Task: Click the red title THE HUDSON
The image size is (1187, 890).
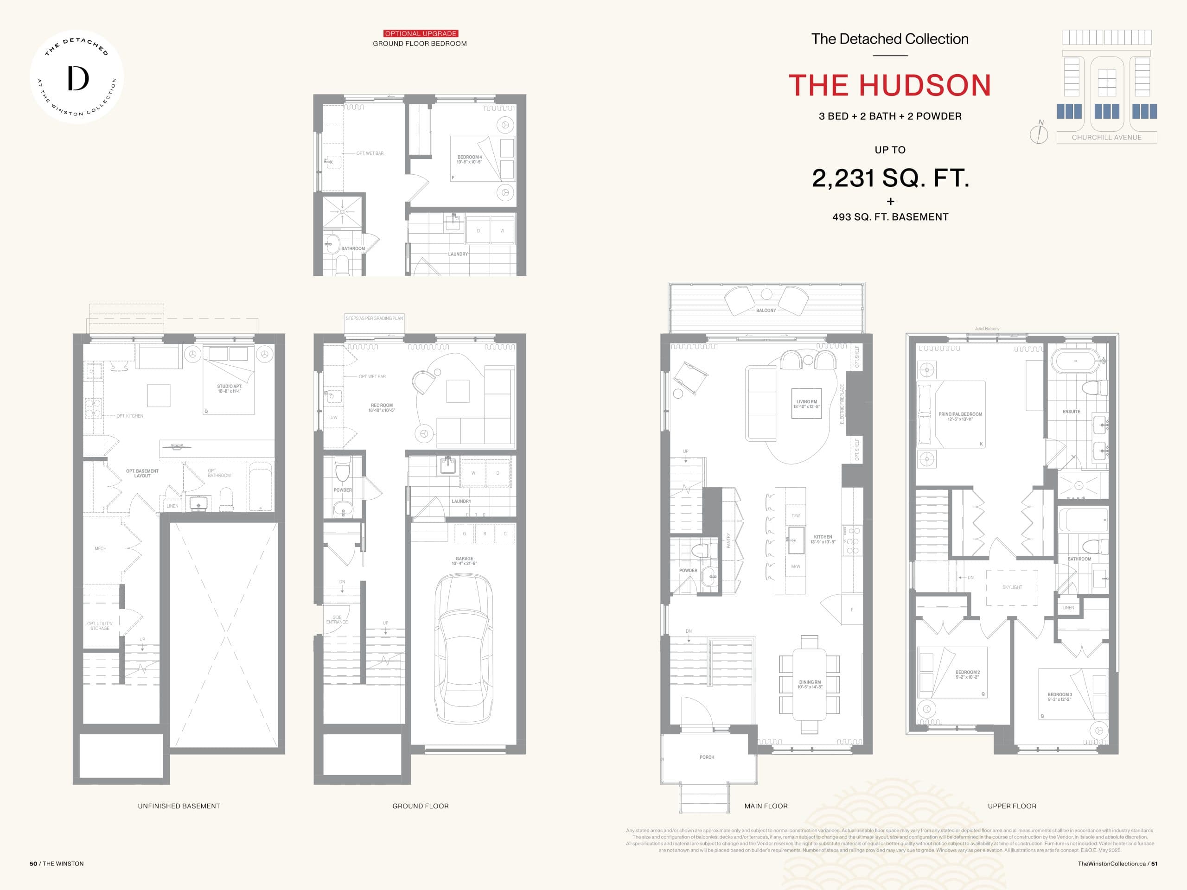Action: pyautogui.click(x=890, y=86)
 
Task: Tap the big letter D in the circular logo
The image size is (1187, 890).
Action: pyautogui.click(x=78, y=79)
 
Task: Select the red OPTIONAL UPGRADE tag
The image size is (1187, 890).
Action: pyautogui.click(x=421, y=33)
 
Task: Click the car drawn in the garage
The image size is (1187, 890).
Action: pyautogui.click(x=464, y=649)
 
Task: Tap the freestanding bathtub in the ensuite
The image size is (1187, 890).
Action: pyautogui.click(x=1075, y=361)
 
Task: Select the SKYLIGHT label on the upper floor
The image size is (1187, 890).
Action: pyautogui.click(x=1012, y=587)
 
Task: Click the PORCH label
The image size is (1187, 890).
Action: pyautogui.click(x=707, y=757)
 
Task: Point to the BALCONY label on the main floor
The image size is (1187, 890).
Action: pyautogui.click(x=766, y=310)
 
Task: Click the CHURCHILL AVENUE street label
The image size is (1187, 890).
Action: pyautogui.click(x=1106, y=137)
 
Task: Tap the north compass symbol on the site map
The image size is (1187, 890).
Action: pyautogui.click(x=1039, y=133)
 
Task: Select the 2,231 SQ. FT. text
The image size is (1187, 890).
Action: pyautogui.click(x=890, y=178)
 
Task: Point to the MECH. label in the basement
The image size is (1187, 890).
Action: pyautogui.click(x=100, y=548)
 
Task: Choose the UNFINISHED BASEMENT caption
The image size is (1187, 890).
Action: pyautogui.click(x=179, y=806)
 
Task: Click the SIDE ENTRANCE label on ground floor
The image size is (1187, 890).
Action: pyautogui.click(x=337, y=620)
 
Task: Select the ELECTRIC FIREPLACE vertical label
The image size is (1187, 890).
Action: pyautogui.click(x=842, y=404)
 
